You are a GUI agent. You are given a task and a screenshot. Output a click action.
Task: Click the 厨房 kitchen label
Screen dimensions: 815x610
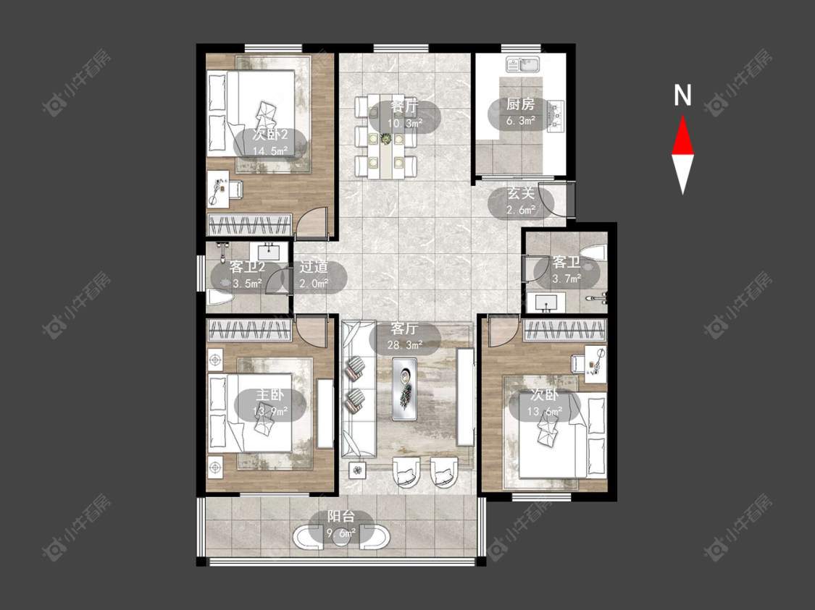(520, 104)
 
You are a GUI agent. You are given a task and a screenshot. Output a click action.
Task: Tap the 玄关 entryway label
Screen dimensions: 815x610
(521, 194)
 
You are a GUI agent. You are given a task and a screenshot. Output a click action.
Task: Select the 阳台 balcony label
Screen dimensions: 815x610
(341, 517)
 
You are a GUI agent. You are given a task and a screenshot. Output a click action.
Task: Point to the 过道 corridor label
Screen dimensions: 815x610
(314, 267)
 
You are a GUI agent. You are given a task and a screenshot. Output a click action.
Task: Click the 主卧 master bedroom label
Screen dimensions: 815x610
(269, 395)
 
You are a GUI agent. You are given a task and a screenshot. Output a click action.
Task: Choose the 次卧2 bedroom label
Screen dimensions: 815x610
(269, 135)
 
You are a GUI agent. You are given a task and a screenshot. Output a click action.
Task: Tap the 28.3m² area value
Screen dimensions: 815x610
(405, 344)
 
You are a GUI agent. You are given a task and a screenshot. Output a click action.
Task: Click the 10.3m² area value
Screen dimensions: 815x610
(405, 123)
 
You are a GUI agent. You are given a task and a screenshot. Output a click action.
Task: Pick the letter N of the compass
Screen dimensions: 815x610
(682, 95)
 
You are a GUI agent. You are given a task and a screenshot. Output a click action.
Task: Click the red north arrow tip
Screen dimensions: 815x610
(682, 117)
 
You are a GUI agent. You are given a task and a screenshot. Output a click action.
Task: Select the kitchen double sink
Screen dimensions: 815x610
(523, 65)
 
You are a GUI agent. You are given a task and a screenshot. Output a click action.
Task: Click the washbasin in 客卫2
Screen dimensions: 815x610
(268, 253)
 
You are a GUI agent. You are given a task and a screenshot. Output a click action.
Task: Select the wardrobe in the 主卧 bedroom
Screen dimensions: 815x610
(248, 330)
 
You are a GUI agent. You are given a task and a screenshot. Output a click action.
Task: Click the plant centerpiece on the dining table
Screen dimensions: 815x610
(385, 139)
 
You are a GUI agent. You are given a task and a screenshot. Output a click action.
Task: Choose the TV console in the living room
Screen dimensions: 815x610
(465, 397)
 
